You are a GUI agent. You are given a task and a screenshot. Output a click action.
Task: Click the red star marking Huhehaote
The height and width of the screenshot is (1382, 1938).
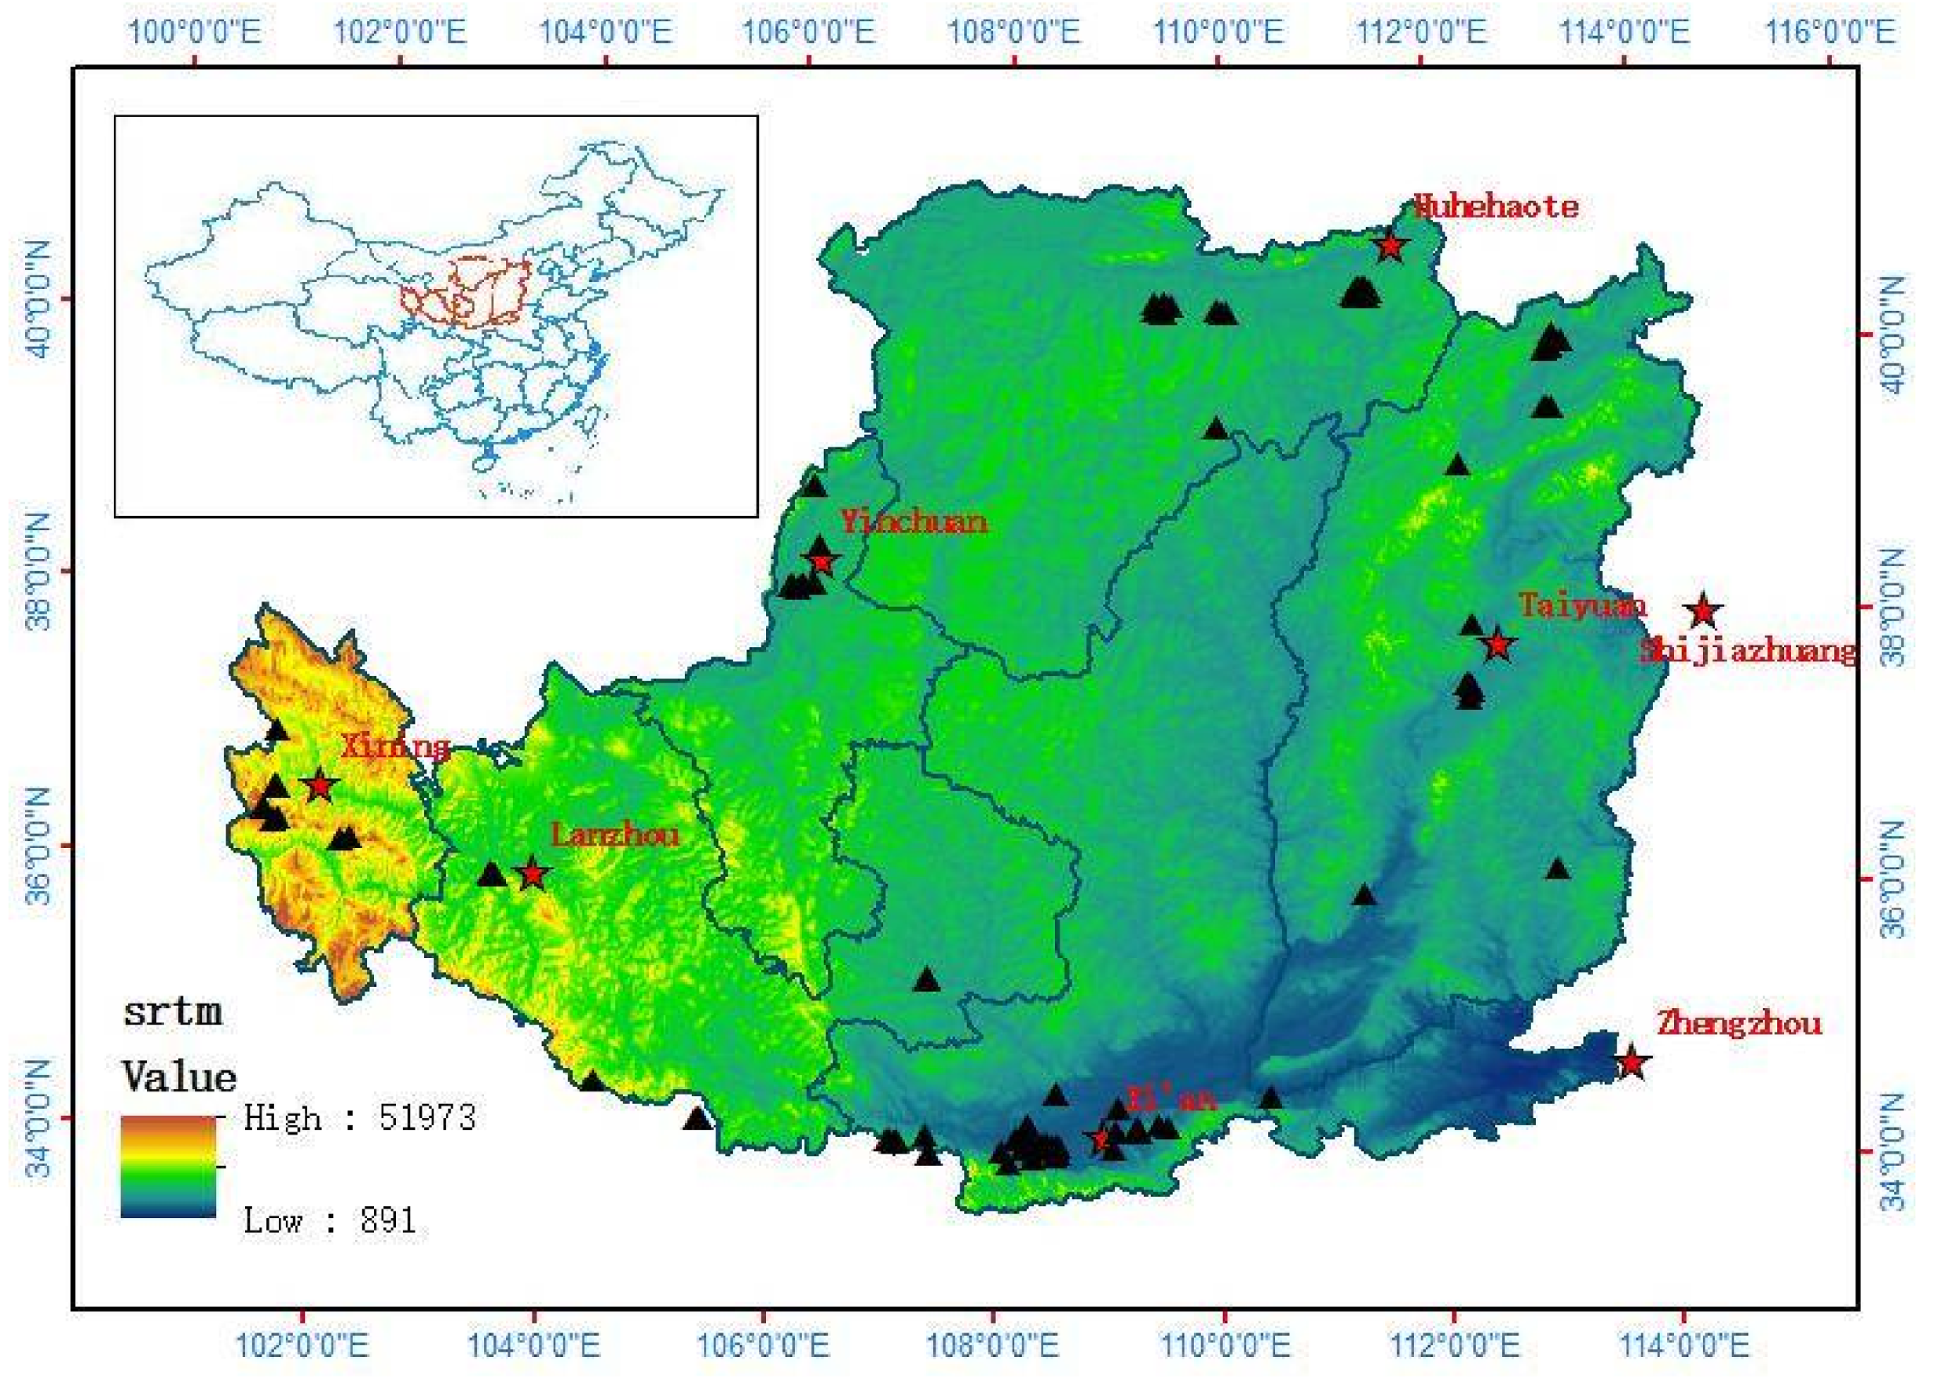[1390, 246]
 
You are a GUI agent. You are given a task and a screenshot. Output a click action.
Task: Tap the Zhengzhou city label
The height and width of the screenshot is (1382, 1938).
[1738, 1022]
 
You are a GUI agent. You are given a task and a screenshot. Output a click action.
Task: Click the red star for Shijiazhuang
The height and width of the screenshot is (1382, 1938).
[1703, 611]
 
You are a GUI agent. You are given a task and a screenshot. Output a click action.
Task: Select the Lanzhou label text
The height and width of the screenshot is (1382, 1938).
[614, 835]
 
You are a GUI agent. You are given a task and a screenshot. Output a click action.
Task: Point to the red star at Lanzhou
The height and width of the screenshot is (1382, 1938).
[533, 874]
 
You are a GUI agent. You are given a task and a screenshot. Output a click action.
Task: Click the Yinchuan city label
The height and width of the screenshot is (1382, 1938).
[914, 521]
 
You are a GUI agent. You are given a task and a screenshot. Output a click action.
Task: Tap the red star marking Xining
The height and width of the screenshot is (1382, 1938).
[320, 784]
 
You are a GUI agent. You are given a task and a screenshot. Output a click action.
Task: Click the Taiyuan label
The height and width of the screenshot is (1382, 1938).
[1581, 605]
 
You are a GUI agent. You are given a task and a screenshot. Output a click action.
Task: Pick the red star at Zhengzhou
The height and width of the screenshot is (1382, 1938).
[1631, 1062]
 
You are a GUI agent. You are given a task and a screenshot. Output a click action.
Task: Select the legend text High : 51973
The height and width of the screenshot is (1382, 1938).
[359, 1117]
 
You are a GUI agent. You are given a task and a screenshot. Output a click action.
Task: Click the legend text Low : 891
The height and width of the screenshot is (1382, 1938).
[329, 1220]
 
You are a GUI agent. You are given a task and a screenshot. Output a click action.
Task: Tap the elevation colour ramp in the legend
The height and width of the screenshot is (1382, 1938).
[169, 1166]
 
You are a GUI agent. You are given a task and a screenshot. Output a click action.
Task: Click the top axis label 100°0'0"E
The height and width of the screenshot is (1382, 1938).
[194, 32]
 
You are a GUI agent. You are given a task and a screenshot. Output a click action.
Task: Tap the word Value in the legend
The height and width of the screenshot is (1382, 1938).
[179, 1077]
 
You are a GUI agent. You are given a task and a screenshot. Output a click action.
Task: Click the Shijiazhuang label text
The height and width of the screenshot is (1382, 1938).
[1747, 651]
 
